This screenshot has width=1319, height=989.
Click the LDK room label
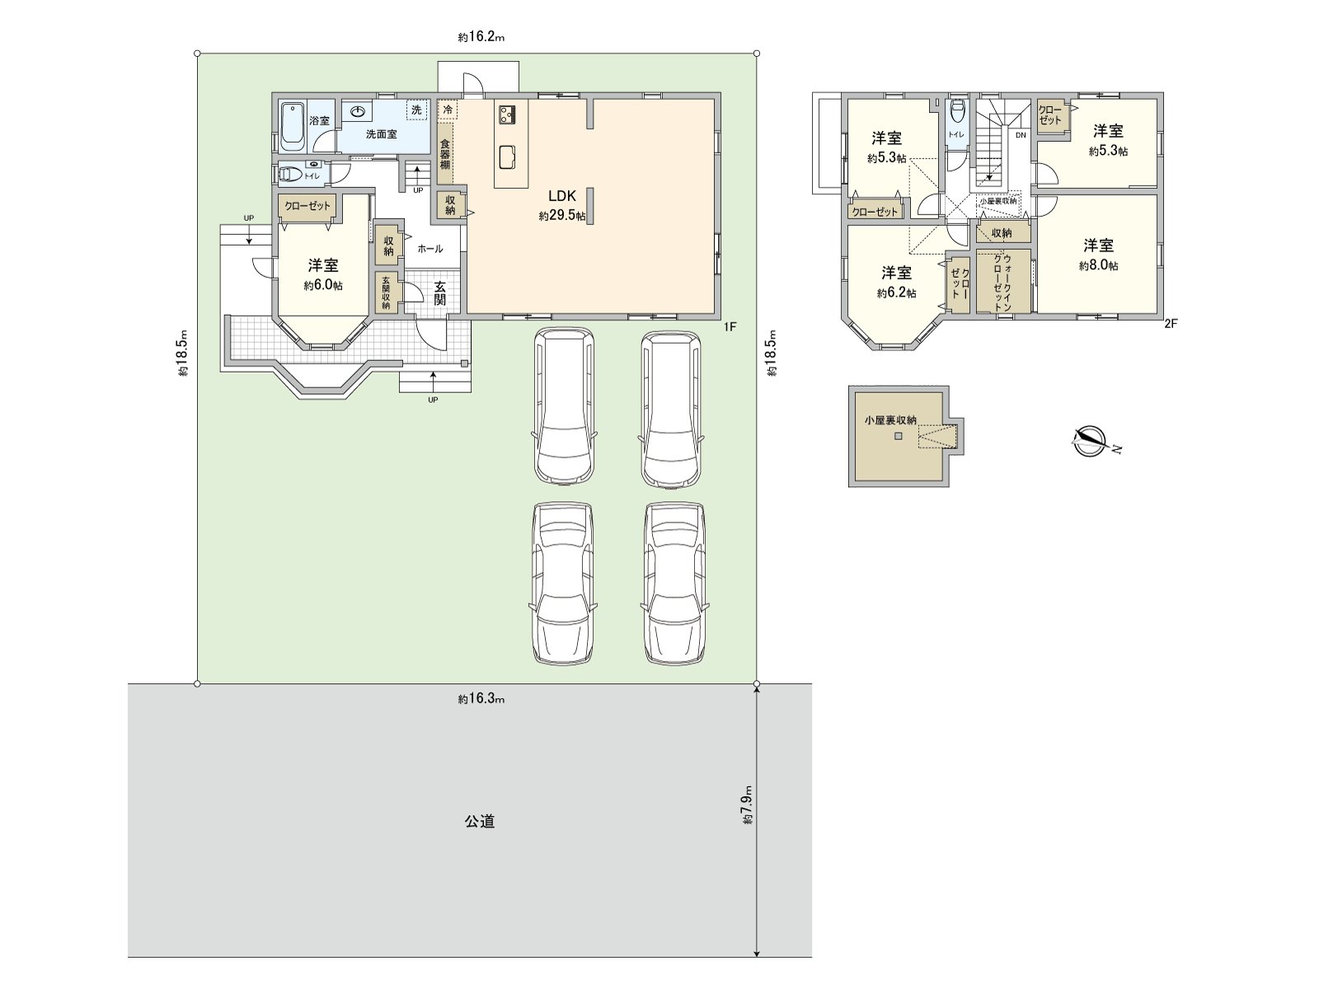coord(562,196)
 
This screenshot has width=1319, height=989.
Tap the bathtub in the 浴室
coord(293,127)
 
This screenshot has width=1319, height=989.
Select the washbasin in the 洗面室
coord(358,111)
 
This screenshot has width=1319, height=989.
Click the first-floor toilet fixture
coord(291,175)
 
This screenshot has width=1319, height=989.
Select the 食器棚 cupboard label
coord(444,154)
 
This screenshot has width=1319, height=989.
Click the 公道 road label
coord(480,821)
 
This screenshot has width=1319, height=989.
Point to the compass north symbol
coord(1090,442)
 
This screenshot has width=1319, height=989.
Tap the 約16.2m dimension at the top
coord(481,36)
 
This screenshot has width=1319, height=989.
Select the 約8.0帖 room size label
coord(1098,265)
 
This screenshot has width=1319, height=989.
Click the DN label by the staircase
coord(1021,135)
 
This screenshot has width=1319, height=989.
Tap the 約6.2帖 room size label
coord(897,293)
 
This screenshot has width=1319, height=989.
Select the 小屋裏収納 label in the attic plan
coord(890,420)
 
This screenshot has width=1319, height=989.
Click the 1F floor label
coord(730,326)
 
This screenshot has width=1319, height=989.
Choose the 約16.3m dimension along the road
coord(481,699)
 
